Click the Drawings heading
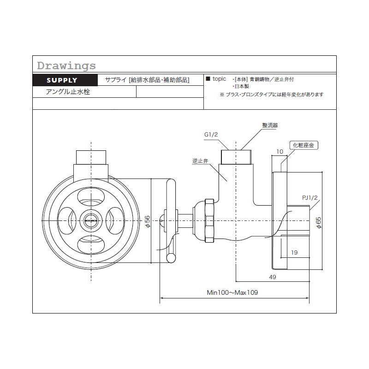[66, 65]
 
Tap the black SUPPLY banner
[65, 80]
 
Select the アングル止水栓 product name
[68, 91]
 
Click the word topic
[219, 79]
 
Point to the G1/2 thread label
[211, 135]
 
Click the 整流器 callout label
[270, 125]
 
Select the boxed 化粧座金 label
[304, 145]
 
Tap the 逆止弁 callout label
[200, 161]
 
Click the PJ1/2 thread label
[309, 198]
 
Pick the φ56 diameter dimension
[147, 221]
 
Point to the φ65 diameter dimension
[318, 223]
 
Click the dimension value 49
[273, 277]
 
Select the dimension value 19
[294, 252]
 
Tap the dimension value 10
[280, 152]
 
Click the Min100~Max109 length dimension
[232, 292]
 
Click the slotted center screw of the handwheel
[91, 221]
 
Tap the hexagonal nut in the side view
[209, 221]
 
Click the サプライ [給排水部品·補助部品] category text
[147, 80]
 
